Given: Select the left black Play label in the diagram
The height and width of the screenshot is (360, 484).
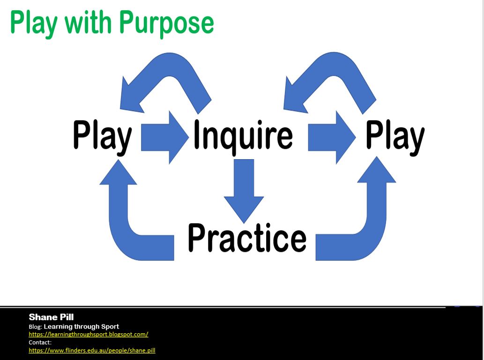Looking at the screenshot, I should tap(103, 136).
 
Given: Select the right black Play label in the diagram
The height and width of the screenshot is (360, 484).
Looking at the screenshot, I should tap(395, 136).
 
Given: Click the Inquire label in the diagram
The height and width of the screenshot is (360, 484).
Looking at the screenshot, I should tap(243, 135).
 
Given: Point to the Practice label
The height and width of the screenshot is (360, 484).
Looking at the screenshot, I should tap(247, 237).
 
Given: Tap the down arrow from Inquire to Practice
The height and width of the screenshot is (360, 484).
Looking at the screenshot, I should tap(244, 190).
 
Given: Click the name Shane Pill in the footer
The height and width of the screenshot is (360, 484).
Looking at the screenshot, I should tap(51, 317).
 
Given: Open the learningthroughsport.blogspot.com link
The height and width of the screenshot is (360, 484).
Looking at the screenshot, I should tap(89, 334).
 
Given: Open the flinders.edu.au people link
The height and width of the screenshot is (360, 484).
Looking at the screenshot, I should tap(92, 350).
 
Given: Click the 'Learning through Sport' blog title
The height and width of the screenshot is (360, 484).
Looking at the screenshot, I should tap(81, 326).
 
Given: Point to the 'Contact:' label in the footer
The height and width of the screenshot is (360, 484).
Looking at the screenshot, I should tap(40, 342).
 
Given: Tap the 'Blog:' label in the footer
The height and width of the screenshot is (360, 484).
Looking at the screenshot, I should tap(35, 327).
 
